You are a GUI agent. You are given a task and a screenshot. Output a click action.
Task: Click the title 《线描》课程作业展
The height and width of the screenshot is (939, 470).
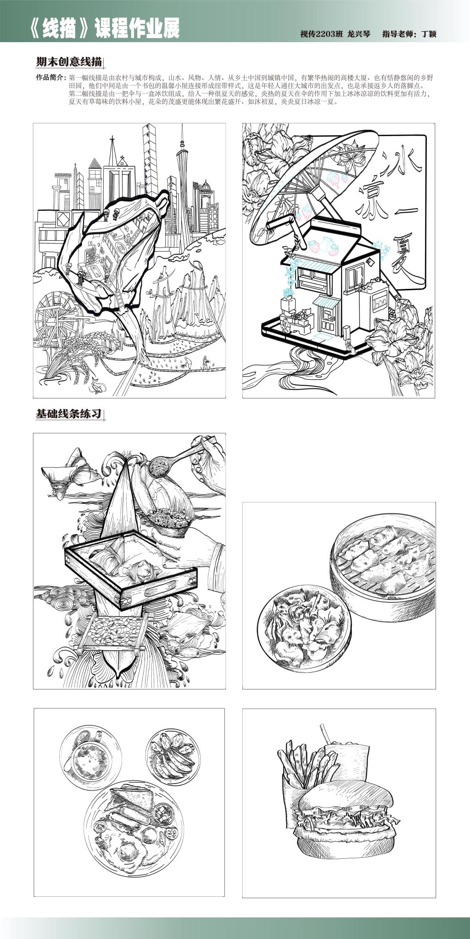pos(104,29)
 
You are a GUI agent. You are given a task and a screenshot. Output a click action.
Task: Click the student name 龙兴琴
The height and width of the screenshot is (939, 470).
pos(358,34)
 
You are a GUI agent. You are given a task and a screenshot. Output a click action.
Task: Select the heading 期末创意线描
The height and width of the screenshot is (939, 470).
pos(68,62)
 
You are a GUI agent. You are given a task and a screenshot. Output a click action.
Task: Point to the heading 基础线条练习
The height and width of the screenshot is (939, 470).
pos(68,414)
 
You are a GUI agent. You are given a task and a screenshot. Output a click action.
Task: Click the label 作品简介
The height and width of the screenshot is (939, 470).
pos(50,77)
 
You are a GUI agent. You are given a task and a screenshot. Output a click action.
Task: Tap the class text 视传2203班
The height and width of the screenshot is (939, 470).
pos(321,34)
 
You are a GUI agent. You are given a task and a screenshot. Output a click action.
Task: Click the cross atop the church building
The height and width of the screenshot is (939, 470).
pos(123,161)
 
